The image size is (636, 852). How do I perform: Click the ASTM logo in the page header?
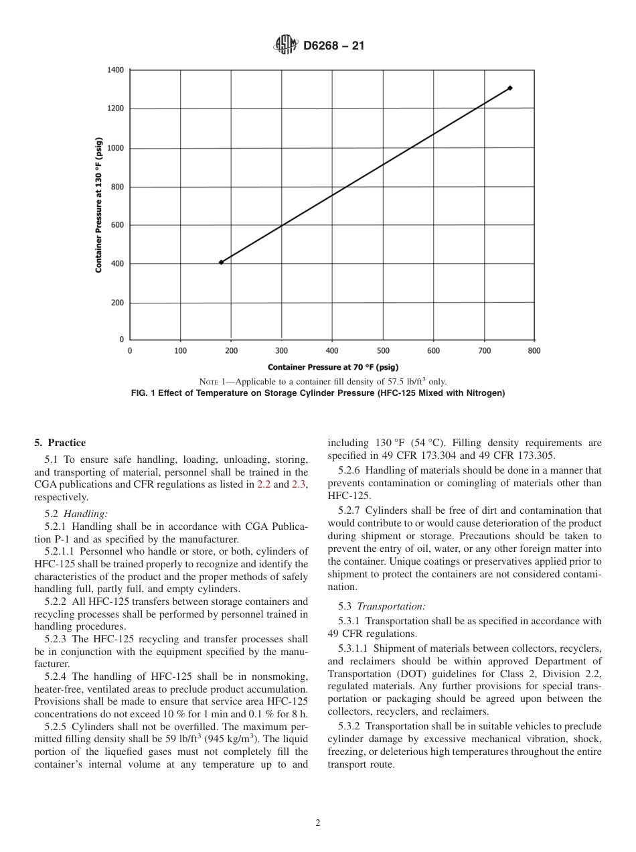pyautogui.click(x=285, y=46)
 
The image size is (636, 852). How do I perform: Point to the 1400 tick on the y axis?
pyautogui.click(x=115, y=70)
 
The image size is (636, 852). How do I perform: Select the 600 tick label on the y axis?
pyautogui.click(x=117, y=225)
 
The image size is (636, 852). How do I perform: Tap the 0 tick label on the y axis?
pyautogui.click(x=121, y=340)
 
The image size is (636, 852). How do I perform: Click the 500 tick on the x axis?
pyautogui.click(x=383, y=350)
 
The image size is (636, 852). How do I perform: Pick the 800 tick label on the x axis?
pyautogui.click(x=534, y=350)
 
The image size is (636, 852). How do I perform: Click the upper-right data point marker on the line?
pyautogui.click(x=510, y=88)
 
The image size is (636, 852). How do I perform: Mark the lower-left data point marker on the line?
pyautogui.click(x=221, y=262)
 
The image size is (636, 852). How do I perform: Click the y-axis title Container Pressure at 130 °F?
pyautogui.click(x=98, y=204)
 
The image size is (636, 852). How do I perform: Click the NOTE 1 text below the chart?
pyautogui.click(x=318, y=382)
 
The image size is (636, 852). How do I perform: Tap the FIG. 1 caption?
pyautogui.click(x=317, y=393)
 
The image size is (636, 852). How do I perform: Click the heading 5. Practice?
pyautogui.click(x=60, y=443)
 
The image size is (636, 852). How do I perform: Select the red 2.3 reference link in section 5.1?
pyautogui.click(x=299, y=484)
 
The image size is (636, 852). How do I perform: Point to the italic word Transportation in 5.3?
pyautogui.click(x=391, y=606)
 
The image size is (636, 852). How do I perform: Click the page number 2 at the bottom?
pyautogui.click(x=318, y=823)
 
